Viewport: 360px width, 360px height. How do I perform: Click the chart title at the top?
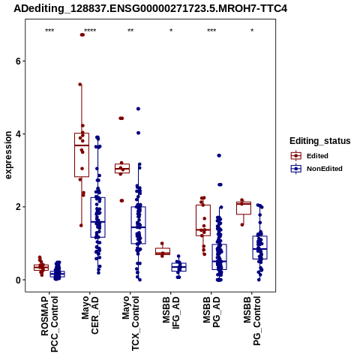(x=150, y=8)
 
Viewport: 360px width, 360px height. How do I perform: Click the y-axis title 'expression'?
(x=8, y=155)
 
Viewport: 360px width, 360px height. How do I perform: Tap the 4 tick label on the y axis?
(x=18, y=134)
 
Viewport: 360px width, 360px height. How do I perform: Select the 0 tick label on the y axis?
(x=18, y=280)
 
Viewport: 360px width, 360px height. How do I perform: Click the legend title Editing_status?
(x=320, y=141)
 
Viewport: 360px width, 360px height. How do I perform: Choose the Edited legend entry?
(x=309, y=156)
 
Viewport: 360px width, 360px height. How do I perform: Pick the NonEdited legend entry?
(x=316, y=169)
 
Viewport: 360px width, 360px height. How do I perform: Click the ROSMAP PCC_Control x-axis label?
(x=49, y=324)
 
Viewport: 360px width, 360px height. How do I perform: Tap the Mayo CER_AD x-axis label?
(x=90, y=315)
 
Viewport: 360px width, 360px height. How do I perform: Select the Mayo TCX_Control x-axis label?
(x=130, y=323)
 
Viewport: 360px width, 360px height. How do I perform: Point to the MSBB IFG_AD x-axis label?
(x=171, y=313)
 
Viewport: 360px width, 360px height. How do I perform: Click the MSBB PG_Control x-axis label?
(x=252, y=321)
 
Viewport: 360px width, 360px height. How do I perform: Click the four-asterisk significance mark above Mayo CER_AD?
(x=90, y=31)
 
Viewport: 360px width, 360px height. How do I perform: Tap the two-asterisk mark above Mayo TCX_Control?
(x=130, y=31)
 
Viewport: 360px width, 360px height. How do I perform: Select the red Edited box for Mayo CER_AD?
(x=82, y=155)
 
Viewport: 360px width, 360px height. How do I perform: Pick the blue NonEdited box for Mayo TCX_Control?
(x=138, y=225)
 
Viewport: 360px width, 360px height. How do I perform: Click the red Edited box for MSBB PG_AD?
(x=203, y=220)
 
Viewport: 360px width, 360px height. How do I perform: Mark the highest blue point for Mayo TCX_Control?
(x=138, y=109)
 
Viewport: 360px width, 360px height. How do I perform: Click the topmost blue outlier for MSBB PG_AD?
(x=219, y=155)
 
